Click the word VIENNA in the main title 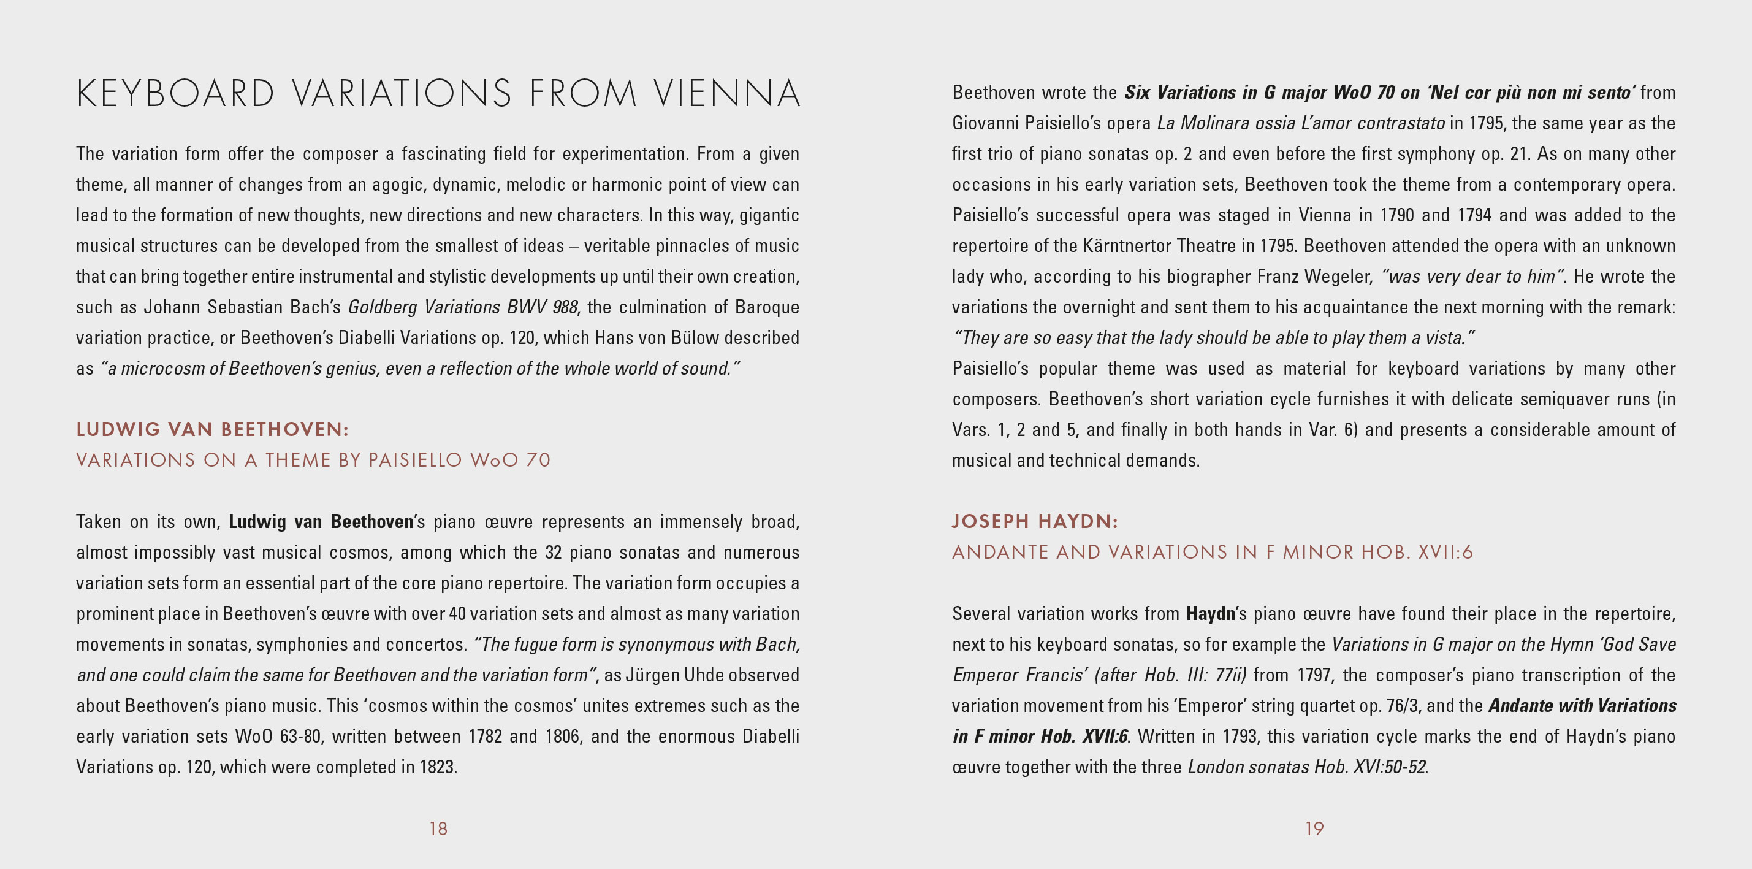[x=727, y=94]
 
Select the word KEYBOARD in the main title [x=176, y=94]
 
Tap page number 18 [x=438, y=828]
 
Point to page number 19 [x=1314, y=828]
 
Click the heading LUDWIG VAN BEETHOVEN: [x=212, y=429]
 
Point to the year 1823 [x=437, y=767]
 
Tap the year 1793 [x=1241, y=737]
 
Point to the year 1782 [x=485, y=737]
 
